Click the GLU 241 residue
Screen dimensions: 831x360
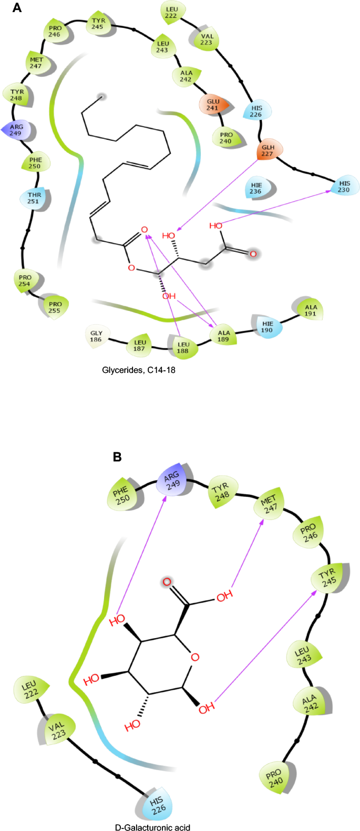coord(213,105)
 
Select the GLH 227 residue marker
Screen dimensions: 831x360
coord(268,151)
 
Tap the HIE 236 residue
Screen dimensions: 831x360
coord(256,188)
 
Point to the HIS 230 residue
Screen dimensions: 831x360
coord(344,186)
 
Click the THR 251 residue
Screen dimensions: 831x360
coord(34,198)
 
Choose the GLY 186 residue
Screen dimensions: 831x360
coord(96,336)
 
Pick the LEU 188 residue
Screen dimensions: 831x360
coord(183,347)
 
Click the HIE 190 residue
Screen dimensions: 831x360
coord(268,327)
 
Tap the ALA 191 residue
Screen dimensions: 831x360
coord(311,310)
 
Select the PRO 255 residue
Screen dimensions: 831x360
coord(55,307)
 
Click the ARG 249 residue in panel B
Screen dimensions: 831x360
coord(172,480)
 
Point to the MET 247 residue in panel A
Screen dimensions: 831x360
coord(36,63)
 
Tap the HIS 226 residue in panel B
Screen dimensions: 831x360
coord(157,805)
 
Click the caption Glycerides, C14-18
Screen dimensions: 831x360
coord(139,370)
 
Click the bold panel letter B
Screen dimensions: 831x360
coord(117,457)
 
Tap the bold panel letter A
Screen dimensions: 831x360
coord(17,8)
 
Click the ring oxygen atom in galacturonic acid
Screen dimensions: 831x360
coord(195,657)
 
